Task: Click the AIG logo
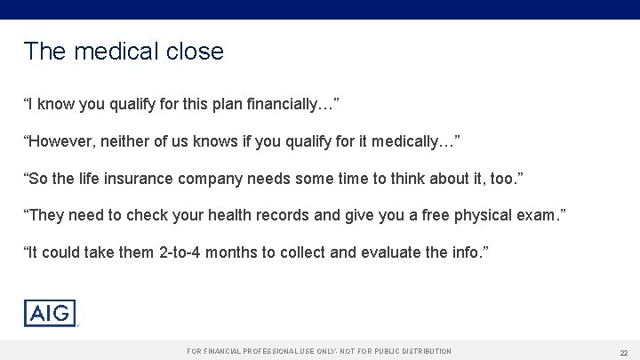click(50, 314)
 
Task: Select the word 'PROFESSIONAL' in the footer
click(266, 352)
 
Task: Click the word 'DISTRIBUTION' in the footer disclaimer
click(419, 352)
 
